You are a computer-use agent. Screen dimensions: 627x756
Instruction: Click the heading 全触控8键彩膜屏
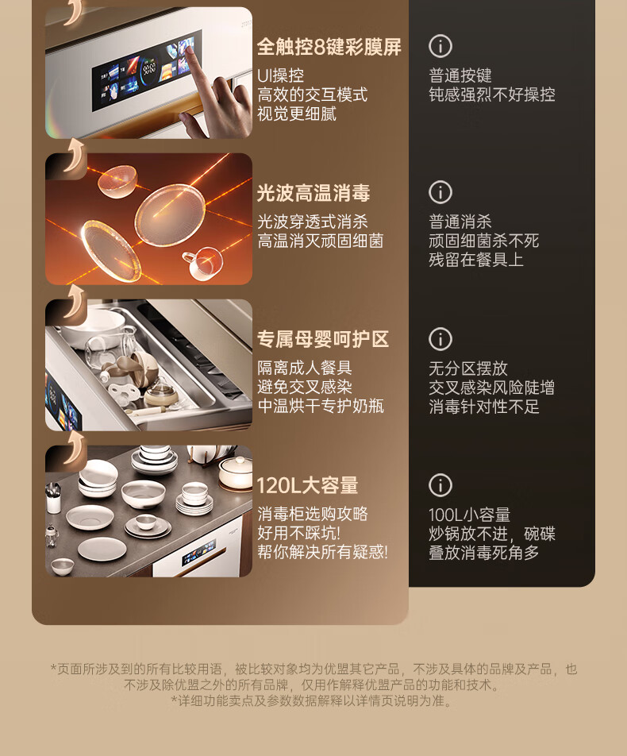coord(329,47)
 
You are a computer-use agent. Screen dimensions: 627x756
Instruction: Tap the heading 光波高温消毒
coord(313,193)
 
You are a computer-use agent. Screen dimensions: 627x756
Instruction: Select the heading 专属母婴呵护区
coord(323,339)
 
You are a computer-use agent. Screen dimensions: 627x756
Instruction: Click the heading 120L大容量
coord(307,485)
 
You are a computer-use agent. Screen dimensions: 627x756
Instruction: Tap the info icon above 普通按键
coord(440,46)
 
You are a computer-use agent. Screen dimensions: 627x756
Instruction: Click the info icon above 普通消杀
coord(440,192)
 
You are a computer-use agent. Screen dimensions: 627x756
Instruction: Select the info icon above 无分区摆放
coord(440,339)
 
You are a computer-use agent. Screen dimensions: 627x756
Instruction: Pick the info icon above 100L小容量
coord(440,485)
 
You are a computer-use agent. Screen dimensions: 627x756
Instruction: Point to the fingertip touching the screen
coord(190,48)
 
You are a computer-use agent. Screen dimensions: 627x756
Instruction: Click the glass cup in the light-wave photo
coord(204,262)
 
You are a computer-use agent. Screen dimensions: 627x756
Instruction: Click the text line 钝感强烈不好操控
coord(492,94)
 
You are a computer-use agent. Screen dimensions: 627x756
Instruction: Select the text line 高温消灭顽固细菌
coord(321,241)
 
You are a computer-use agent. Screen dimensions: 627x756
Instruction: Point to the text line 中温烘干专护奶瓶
coord(321,406)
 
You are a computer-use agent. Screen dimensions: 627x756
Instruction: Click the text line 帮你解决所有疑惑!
coord(322,552)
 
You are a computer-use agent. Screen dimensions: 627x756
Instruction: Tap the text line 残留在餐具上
coord(476,260)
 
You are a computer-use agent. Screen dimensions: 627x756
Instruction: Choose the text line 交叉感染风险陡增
coord(492,388)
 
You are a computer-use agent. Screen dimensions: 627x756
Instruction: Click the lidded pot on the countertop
coord(236,471)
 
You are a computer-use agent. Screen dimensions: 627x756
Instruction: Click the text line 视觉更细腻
coord(297,114)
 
